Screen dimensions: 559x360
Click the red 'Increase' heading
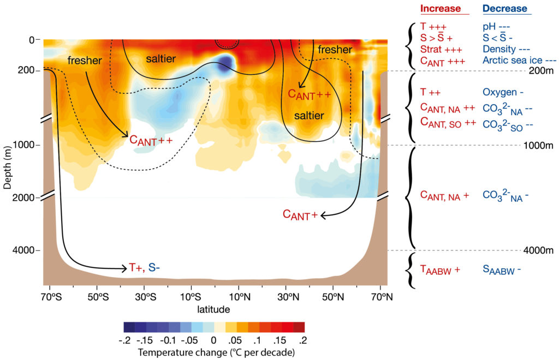(441, 9)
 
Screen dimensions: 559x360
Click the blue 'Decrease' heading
(505, 9)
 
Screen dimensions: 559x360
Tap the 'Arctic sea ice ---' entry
(520, 60)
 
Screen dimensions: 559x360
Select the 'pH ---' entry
(496, 27)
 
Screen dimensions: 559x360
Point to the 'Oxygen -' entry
(503, 92)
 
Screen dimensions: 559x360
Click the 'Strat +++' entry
(441, 49)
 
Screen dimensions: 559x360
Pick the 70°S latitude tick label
(51, 297)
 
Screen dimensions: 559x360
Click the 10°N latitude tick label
(240, 297)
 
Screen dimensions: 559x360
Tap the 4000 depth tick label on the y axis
(23, 250)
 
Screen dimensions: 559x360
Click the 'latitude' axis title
(213, 309)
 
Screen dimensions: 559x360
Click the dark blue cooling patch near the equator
(224, 63)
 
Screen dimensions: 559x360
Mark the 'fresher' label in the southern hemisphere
(85, 61)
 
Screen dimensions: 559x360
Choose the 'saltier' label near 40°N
(309, 116)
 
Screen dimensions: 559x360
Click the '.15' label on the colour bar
(279, 340)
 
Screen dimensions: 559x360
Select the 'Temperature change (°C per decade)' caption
(216, 352)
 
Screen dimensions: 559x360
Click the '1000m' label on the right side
(538, 145)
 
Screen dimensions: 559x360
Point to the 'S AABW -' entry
(502, 269)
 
